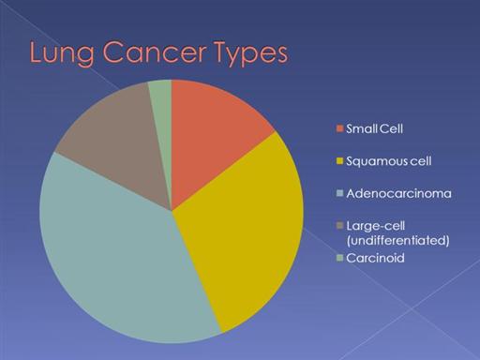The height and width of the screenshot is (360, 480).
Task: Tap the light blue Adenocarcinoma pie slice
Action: click(119, 256)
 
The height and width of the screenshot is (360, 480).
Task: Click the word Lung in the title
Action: click(62, 53)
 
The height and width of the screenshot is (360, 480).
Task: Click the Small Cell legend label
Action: click(374, 128)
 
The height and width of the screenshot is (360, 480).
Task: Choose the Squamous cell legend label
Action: click(389, 161)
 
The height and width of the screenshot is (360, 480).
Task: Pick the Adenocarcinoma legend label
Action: click(398, 194)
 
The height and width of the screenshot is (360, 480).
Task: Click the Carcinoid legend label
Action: click(375, 258)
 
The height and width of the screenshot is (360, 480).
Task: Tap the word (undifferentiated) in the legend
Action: click(397, 241)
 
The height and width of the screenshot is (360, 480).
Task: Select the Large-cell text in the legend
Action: click(376, 226)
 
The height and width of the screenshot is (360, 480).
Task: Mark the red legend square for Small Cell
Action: click(339, 128)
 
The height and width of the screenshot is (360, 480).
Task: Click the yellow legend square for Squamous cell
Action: click(339, 161)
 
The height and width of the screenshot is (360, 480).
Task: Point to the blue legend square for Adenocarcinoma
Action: click(339, 193)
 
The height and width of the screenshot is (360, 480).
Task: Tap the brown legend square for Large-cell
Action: click(339, 225)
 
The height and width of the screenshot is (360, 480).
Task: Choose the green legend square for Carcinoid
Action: click(339, 258)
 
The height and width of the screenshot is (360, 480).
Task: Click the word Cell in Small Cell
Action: click(391, 128)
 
